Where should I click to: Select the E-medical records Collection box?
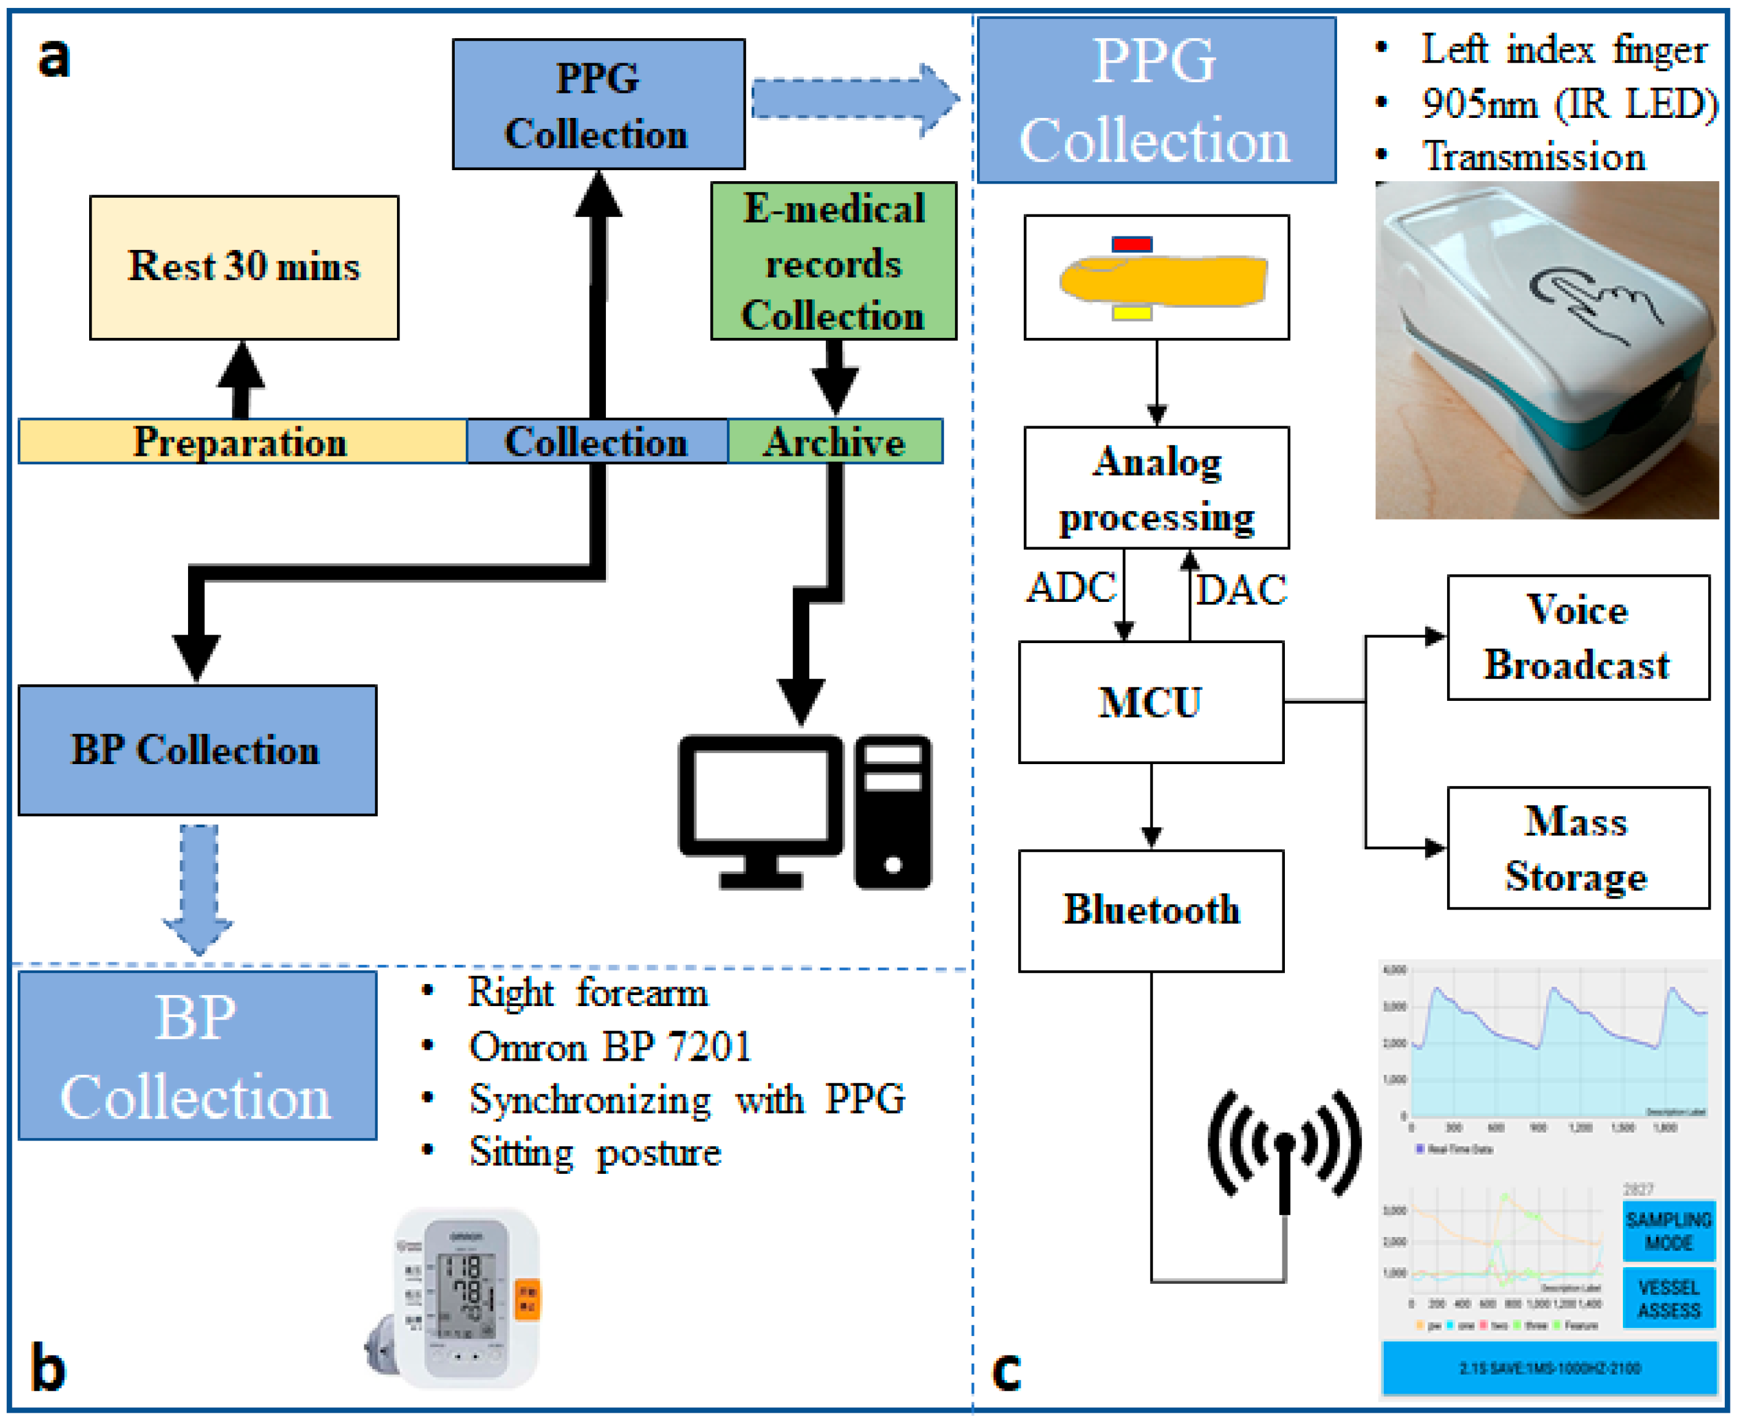pos(833,261)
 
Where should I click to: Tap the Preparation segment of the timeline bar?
pos(241,442)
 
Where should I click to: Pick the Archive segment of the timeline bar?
pos(835,442)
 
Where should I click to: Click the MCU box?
pos(1150,703)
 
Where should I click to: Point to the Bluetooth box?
pos(1150,910)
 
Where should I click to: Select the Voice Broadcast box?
pos(1577,638)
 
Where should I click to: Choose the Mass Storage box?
pos(1577,849)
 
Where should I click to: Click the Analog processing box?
pos(1156,488)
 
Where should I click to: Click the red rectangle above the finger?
pos(1131,244)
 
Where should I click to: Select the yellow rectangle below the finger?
pos(1131,313)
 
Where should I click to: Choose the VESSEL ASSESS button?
pos(1668,1298)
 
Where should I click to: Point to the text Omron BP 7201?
pos(610,1047)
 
